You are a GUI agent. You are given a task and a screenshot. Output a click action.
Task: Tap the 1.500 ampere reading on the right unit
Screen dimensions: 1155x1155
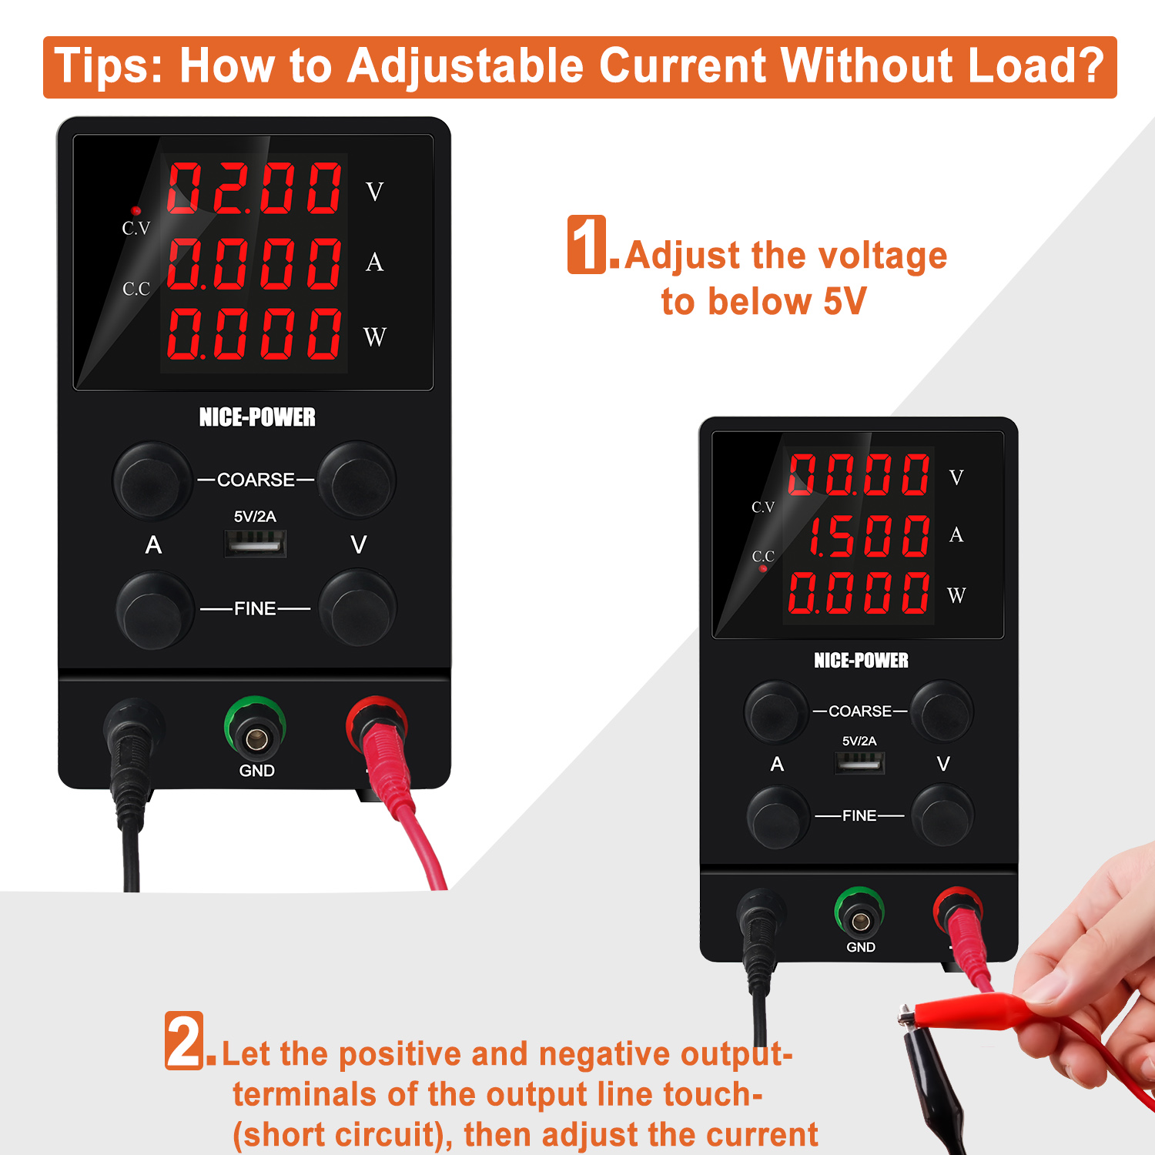click(x=868, y=535)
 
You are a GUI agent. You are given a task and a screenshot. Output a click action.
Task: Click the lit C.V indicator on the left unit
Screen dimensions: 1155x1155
click(x=136, y=210)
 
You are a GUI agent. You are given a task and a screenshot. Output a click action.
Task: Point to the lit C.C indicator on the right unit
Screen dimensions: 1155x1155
click(x=763, y=569)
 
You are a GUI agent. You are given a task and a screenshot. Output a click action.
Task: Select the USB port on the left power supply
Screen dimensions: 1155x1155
click(x=256, y=544)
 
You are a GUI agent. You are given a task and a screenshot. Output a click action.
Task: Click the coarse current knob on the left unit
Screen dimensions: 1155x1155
click(x=152, y=480)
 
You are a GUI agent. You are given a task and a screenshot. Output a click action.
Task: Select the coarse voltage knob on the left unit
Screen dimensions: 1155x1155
click(x=357, y=479)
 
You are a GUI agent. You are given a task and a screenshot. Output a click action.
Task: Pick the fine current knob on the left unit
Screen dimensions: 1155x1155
click(x=154, y=609)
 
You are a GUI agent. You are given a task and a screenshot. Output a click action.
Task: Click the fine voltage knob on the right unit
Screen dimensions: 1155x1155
click(x=942, y=815)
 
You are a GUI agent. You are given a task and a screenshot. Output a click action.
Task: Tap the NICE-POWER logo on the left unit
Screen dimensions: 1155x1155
click(x=257, y=417)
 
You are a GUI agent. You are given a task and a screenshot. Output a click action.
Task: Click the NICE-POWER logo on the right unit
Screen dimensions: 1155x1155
click(x=861, y=661)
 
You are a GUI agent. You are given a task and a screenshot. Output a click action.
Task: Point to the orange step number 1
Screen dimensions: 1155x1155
click(x=587, y=244)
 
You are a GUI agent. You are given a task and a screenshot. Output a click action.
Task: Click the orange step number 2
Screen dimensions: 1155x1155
click(x=185, y=1040)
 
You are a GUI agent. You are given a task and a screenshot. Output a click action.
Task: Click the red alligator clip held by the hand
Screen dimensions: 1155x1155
click(x=970, y=1009)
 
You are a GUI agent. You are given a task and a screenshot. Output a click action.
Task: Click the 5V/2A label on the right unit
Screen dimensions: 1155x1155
click(x=859, y=741)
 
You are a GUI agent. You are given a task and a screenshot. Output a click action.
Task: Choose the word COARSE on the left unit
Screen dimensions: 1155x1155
click(x=256, y=480)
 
